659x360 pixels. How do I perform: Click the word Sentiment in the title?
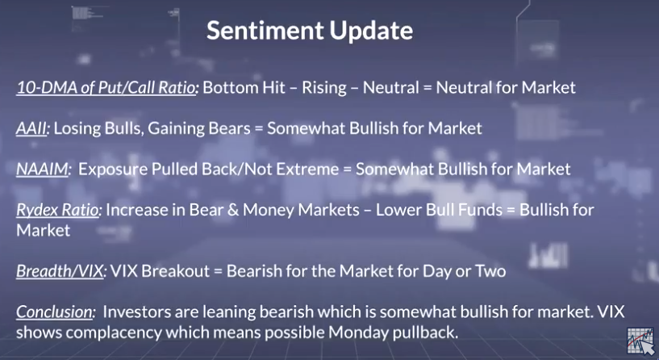[x=265, y=31]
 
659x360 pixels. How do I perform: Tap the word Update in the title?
[x=371, y=31]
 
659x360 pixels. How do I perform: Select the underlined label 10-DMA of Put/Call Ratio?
[x=106, y=88]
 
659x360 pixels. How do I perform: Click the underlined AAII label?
[x=31, y=128]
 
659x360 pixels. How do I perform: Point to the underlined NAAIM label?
[x=42, y=169]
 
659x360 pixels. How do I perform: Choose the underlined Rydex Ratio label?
[x=57, y=210]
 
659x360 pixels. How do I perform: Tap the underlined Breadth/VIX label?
[x=60, y=271]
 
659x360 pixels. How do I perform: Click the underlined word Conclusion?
[x=54, y=312]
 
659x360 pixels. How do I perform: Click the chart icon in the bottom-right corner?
[x=640, y=341]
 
